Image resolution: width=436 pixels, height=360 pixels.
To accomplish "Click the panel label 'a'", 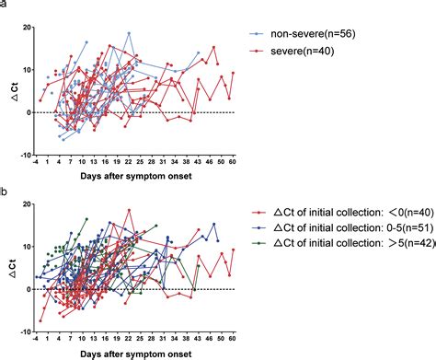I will coord(4,5).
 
